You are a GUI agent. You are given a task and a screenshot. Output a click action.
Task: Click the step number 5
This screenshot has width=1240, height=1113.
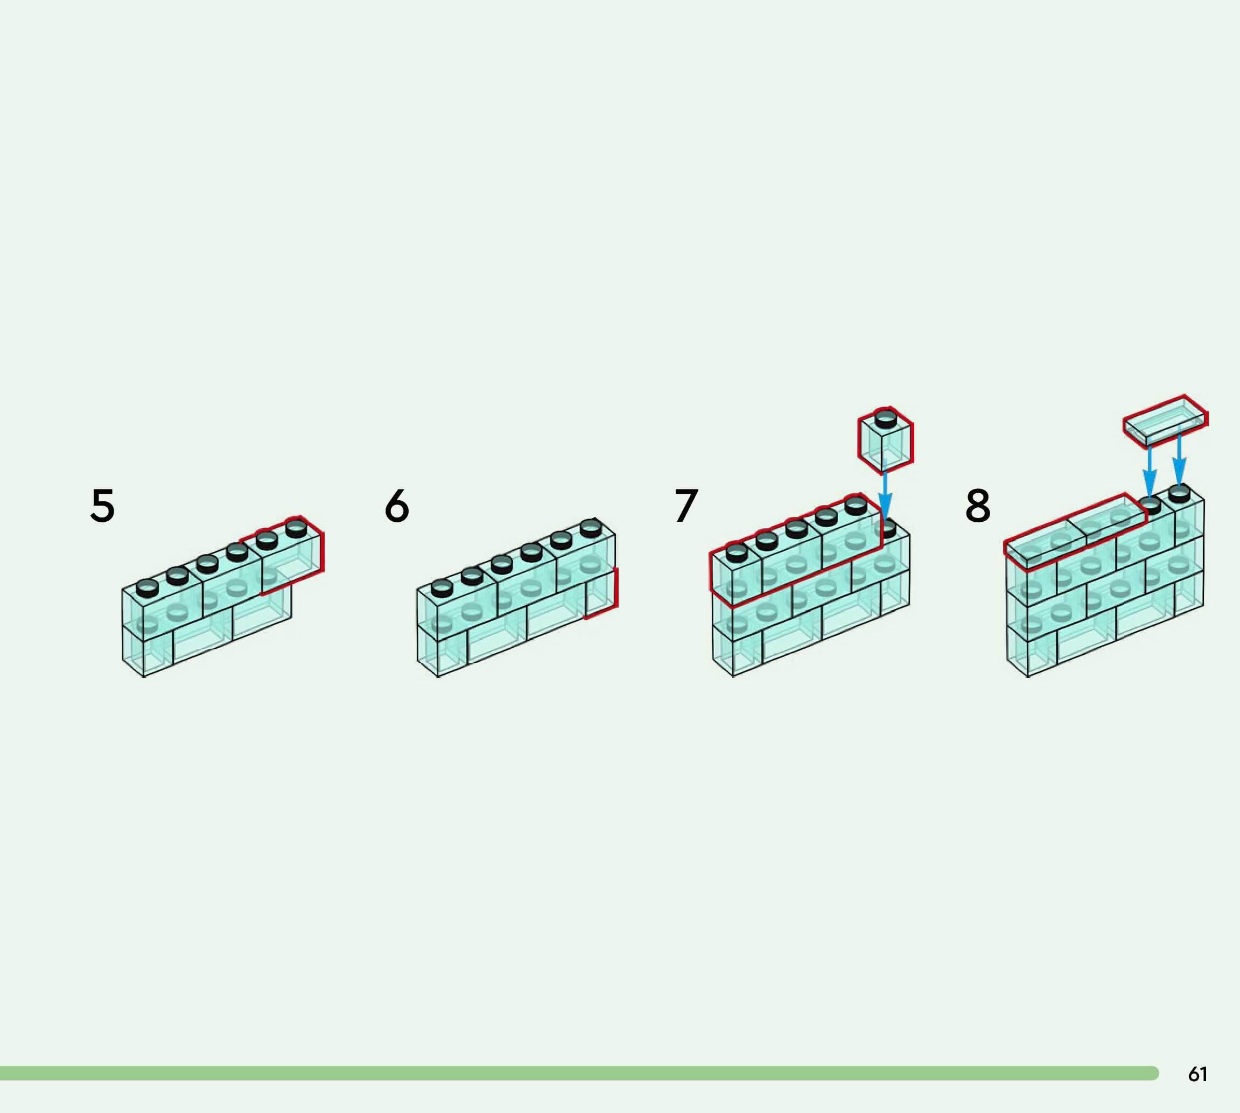(103, 506)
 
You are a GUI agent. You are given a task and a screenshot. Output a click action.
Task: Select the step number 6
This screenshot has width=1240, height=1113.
(397, 506)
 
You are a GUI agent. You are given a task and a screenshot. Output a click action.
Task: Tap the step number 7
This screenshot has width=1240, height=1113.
(686, 506)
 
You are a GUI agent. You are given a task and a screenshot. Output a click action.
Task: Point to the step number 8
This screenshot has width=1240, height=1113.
(978, 506)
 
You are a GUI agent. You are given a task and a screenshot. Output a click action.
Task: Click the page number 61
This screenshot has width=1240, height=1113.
(1197, 1074)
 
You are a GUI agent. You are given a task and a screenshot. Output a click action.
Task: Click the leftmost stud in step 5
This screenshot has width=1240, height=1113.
(148, 589)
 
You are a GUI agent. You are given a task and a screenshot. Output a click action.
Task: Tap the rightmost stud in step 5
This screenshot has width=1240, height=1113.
(296, 527)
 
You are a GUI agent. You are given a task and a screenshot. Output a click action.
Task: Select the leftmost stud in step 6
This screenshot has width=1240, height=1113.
(442, 587)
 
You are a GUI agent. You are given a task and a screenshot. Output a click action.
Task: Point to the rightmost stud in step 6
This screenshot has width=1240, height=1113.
(591, 527)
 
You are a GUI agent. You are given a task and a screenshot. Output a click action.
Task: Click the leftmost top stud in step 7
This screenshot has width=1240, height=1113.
(737, 553)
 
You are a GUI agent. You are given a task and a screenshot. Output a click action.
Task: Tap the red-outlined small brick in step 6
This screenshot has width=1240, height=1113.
(601, 593)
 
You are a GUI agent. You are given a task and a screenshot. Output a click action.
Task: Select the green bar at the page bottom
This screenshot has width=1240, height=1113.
(575, 1073)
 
